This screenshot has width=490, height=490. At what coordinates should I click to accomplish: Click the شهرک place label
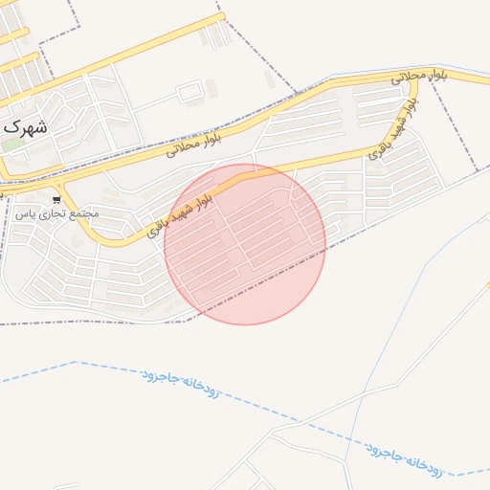pos(26,126)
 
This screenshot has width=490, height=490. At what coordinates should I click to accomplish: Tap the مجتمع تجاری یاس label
pos(56,212)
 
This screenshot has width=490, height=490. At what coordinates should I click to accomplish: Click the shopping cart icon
pos(57,199)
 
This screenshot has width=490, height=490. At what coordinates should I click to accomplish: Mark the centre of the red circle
pos(245,244)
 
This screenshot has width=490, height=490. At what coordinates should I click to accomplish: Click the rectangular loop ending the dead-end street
pos(189,93)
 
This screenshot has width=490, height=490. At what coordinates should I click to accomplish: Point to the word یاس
pos(24,212)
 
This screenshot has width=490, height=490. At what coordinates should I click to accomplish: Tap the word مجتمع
pos(83,212)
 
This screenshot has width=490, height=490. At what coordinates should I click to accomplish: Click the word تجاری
pos(52,212)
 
